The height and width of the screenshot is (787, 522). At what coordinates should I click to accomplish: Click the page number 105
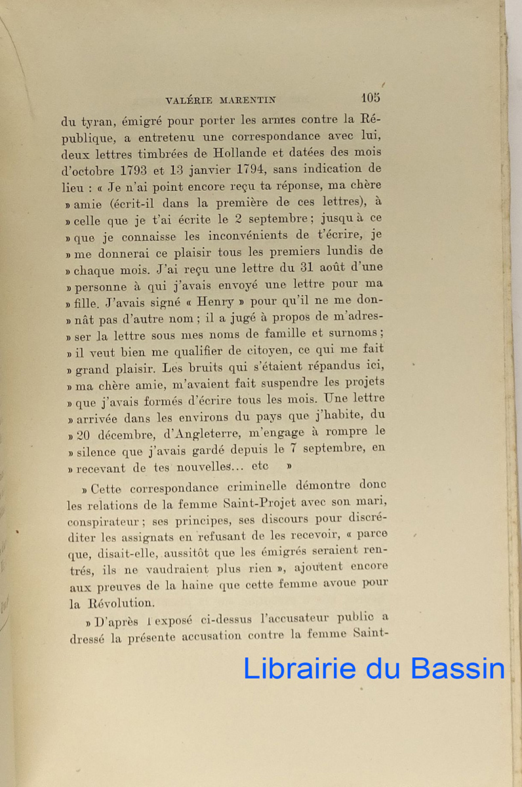[370, 98]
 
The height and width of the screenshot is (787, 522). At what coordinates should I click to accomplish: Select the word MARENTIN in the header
[249, 100]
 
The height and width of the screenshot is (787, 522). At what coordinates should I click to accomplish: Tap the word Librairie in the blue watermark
[300, 669]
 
